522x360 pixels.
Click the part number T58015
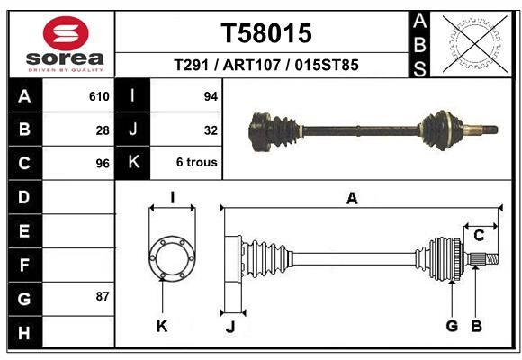[x=266, y=33]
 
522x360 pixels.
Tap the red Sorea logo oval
[x=66, y=33]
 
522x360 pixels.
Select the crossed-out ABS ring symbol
[x=475, y=43]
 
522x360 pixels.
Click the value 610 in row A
[x=99, y=96]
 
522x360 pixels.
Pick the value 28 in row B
[x=103, y=130]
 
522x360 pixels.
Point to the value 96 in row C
[x=103, y=164]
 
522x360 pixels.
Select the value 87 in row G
[x=103, y=296]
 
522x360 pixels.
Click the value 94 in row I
[x=211, y=96]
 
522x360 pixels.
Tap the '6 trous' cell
[x=197, y=162]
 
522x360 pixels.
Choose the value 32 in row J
[x=211, y=130]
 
